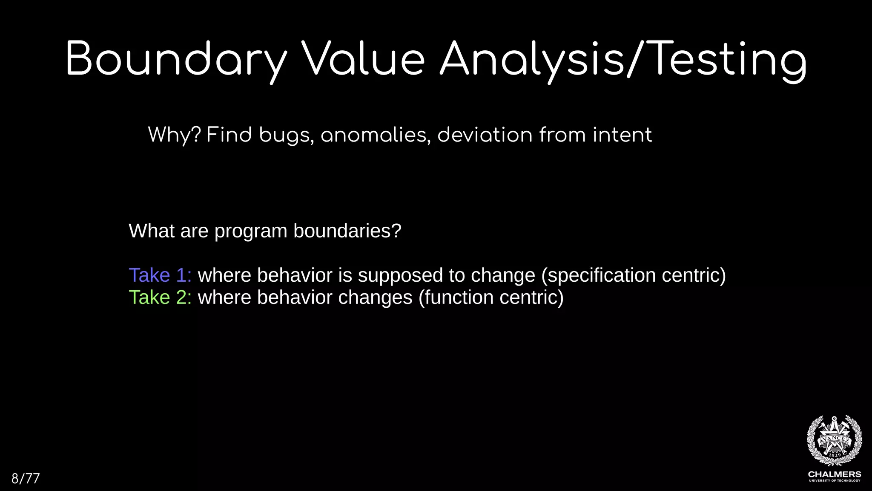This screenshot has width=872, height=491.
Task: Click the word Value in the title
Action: (363, 60)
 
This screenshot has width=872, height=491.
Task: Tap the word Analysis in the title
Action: (532, 60)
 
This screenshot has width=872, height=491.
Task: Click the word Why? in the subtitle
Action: (174, 135)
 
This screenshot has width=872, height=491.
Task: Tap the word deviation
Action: (485, 135)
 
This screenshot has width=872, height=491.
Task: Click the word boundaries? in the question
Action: (347, 231)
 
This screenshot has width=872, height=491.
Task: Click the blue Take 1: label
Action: (160, 275)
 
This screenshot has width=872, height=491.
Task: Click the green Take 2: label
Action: (160, 297)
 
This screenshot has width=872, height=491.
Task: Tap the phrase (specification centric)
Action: (633, 275)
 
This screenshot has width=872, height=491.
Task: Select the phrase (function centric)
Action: (491, 297)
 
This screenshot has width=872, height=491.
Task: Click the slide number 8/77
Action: (26, 479)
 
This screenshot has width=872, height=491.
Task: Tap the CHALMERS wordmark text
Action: (834, 474)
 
